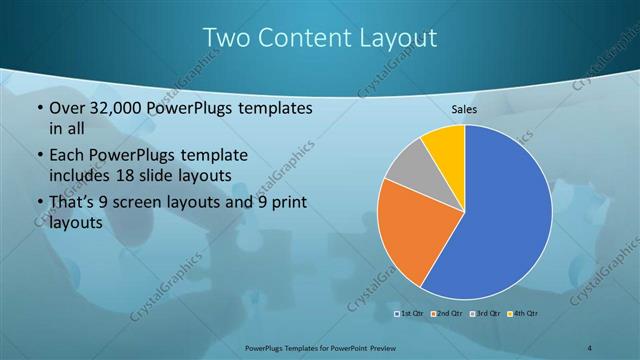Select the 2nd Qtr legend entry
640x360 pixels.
446,314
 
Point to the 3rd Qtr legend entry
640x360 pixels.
484,314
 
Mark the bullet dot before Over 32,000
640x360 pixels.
38,107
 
